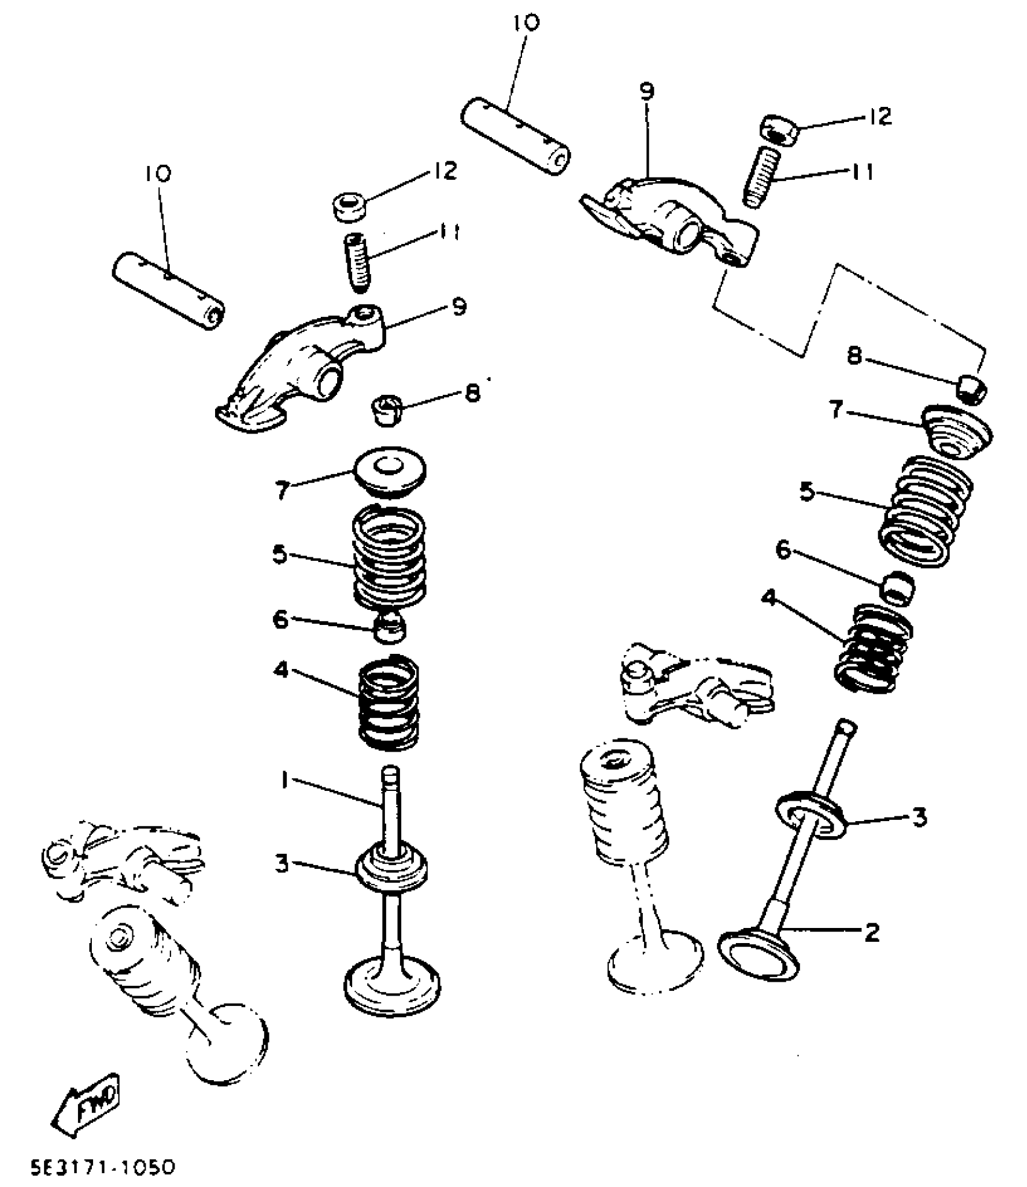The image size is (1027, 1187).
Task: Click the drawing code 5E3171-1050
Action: click(x=103, y=1166)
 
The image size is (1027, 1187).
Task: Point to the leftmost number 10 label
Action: click(x=158, y=173)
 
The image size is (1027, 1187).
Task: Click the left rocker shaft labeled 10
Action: click(x=167, y=291)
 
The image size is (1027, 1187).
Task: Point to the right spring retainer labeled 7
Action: click(x=958, y=432)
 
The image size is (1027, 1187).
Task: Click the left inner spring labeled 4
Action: click(x=388, y=703)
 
